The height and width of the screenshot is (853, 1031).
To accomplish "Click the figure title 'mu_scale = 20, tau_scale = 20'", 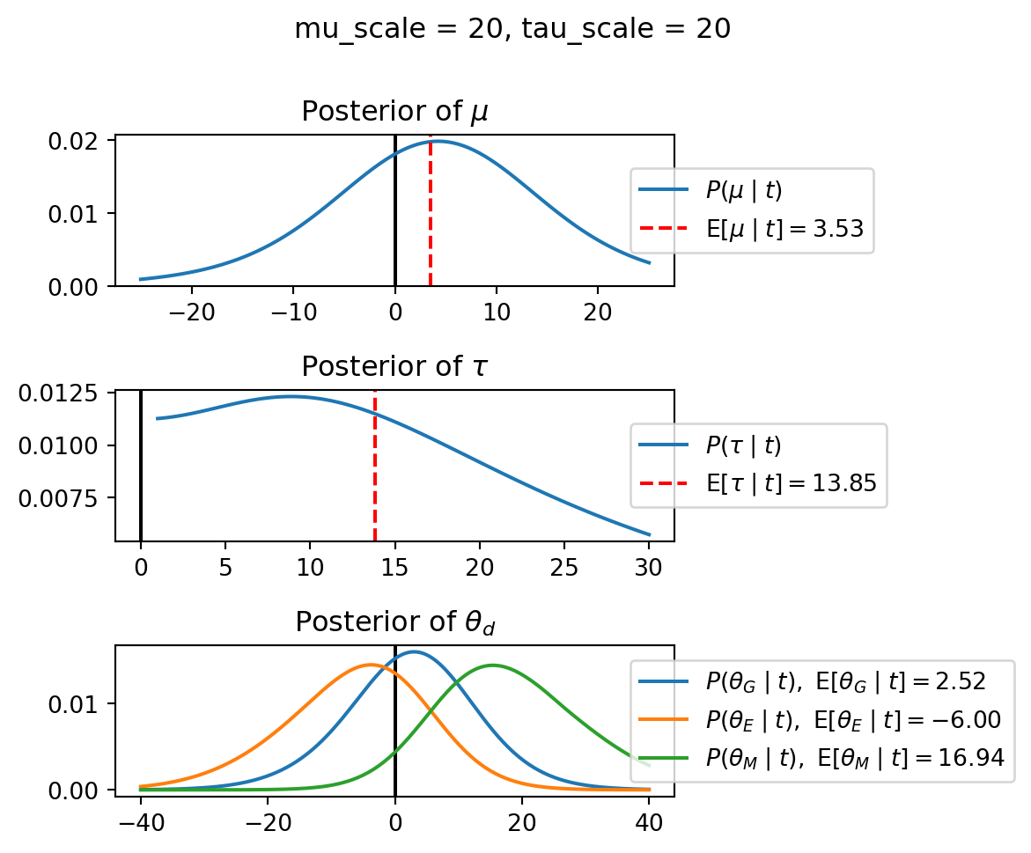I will click(x=512, y=29).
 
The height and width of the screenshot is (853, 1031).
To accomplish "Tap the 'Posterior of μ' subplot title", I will click(x=394, y=112).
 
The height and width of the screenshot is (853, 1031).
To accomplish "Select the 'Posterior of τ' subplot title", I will click(x=394, y=366).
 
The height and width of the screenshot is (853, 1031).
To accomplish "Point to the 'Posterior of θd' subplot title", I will click(x=394, y=622).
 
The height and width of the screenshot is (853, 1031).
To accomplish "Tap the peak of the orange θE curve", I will click(x=371, y=665).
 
